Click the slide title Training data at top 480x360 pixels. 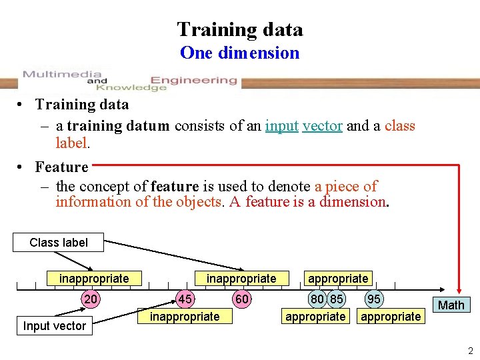[240, 29]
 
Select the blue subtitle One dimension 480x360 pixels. [240, 53]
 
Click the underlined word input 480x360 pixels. [281, 126]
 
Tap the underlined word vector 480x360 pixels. [322, 126]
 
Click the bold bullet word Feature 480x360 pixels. [61, 167]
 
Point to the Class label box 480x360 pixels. [59, 243]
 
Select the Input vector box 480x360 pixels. [54, 326]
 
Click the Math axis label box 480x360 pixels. [451, 305]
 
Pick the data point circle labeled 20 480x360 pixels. [91, 300]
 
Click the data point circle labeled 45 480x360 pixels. [185, 300]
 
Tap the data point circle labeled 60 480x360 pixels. [242, 300]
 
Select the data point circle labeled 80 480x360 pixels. [317, 300]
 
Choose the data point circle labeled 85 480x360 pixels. [337, 300]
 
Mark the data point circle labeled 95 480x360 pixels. [375, 300]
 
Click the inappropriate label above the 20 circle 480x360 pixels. [94, 279]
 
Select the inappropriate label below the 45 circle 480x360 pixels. [185, 317]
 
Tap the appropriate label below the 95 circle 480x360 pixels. [391, 317]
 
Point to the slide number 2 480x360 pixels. [469, 351]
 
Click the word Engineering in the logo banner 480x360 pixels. [193, 81]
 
